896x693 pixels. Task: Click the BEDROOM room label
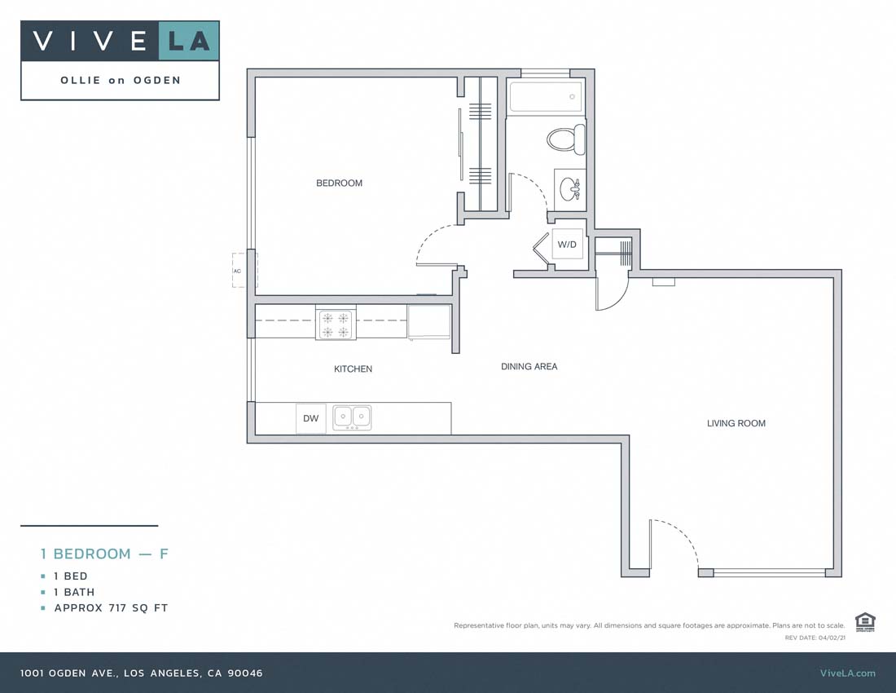tap(339, 183)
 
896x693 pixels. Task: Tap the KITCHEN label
tap(353, 369)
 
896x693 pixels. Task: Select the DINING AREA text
tap(529, 367)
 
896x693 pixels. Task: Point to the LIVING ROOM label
tap(736, 423)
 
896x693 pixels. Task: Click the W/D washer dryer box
tap(567, 245)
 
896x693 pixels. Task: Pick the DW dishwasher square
tap(310, 418)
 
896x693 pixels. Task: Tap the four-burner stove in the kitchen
tap(336, 324)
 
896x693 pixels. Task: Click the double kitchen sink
tap(352, 417)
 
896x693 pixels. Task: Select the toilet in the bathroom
tap(567, 139)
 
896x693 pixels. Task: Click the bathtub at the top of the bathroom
tap(545, 97)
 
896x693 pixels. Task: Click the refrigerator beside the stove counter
tap(428, 321)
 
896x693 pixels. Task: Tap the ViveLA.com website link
tap(847, 673)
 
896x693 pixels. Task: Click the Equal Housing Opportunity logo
tap(864, 621)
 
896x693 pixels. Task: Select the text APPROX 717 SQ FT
tap(111, 608)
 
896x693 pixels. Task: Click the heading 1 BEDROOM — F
tap(104, 554)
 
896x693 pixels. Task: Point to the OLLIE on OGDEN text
tap(120, 80)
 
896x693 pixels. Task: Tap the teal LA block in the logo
tap(188, 41)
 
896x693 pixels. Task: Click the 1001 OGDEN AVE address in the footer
tap(142, 673)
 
